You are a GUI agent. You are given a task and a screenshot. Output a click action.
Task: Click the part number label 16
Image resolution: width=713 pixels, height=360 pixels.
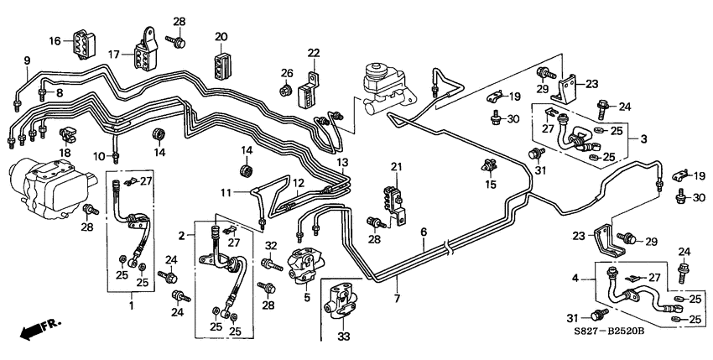click(x=55, y=41)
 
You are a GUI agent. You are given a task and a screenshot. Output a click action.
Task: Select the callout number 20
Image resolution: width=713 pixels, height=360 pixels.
click(x=221, y=36)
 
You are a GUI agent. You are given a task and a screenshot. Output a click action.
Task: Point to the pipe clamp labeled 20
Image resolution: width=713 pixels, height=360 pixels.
click(x=221, y=63)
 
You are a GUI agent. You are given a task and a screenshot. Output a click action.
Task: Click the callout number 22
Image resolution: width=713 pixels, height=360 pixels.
click(x=314, y=53)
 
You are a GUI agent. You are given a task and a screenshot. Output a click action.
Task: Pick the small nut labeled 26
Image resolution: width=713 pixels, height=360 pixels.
click(x=285, y=88)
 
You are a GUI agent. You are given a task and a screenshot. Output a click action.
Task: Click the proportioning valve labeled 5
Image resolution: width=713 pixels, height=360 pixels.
click(x=303, y=264)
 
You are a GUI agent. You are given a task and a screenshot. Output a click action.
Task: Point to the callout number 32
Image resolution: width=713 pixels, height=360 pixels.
click(x=270, y=246)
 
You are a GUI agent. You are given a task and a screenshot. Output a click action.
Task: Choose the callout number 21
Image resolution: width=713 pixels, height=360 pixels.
click(x=396, y=166)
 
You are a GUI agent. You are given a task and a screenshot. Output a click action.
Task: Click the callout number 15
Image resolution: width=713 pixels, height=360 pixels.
click(x=490, y=184)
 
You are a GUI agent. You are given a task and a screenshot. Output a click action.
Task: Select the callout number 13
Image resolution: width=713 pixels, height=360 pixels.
click(x=341, y=161)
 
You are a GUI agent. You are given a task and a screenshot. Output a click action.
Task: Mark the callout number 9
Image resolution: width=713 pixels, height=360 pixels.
click(x=27, y=60)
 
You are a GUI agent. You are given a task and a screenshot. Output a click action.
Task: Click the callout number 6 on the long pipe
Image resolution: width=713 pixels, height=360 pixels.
click(x=424, y=232)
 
